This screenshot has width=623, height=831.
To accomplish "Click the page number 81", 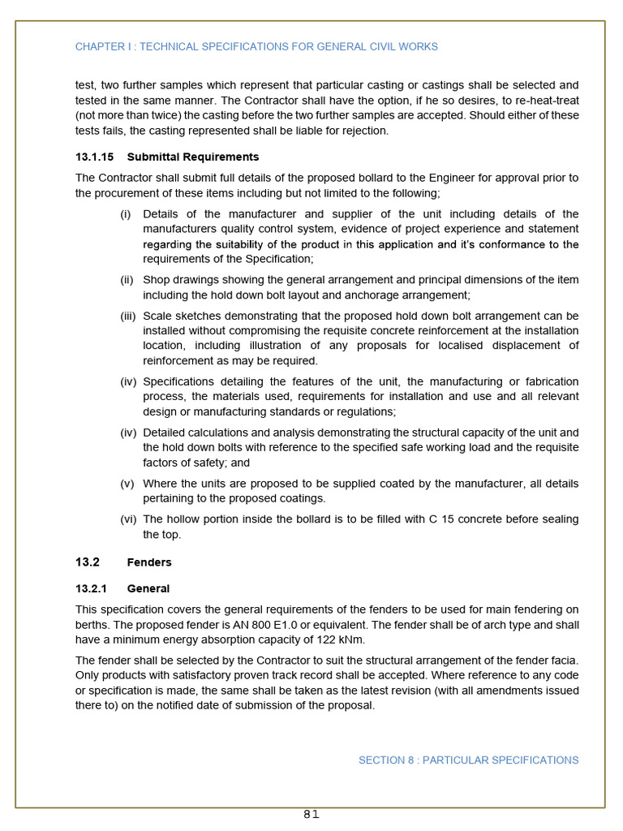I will tap(311, 815).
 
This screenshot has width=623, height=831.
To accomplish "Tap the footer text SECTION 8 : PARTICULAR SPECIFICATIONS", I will tap(468, 760).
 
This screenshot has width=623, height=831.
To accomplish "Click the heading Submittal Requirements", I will tap(193, 157).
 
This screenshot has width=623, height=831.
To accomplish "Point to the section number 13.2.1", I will tap(92, 588).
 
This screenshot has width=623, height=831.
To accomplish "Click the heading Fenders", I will tap(149, 562).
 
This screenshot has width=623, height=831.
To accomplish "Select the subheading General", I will tap(148, 588).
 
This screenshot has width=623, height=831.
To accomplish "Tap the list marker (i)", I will tap(126, 214).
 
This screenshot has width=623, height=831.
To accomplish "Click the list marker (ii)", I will tap(127, 280).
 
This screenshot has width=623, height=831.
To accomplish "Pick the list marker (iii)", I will tap(128, 316).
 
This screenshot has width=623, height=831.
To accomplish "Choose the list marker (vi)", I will tap(128, 519).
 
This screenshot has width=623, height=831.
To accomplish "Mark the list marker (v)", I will tap(127, 484).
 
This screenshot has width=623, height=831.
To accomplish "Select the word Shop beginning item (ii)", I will tap(157, 280).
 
